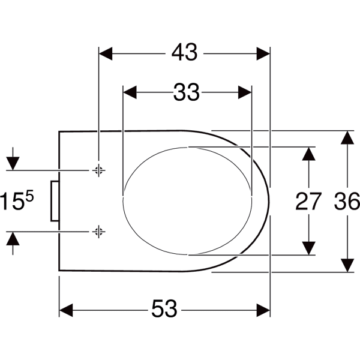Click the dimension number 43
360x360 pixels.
click(x=184, y=52)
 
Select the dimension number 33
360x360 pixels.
click(x=186, y=92)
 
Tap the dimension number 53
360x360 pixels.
click(x=164, y=308)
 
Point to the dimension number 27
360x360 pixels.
click(x=308, y=202)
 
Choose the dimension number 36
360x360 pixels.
click(x=347, y=202)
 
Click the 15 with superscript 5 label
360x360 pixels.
click(x=17, y=200)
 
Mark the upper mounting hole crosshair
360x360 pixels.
click(x=99, y=170)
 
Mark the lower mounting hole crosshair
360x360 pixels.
click(x=99, y=232)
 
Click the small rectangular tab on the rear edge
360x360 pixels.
click(x=55, y=201)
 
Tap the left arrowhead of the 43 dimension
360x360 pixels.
click(x=106, y=54)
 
